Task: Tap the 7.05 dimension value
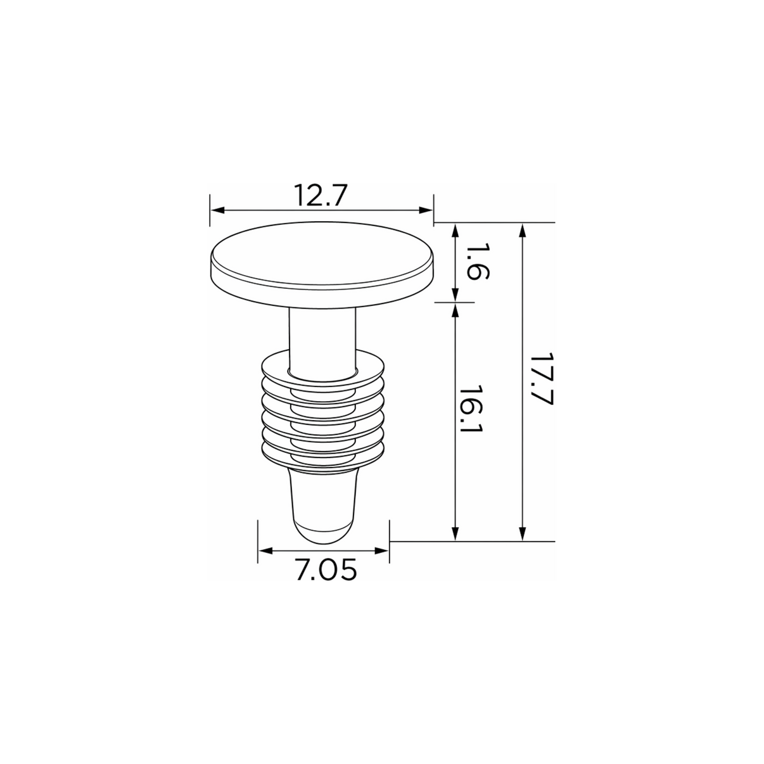point(326,570)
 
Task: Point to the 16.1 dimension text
point(471,409)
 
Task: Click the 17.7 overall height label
point(541,378)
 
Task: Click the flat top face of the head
point(321,253)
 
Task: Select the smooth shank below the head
point(322,340)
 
